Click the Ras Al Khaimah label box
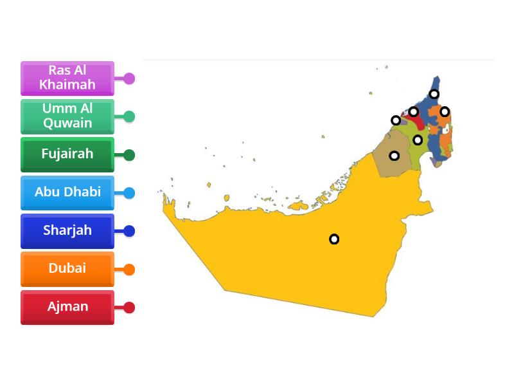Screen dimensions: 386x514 [x=67, y=78]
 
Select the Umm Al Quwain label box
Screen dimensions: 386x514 [x=67, y=116]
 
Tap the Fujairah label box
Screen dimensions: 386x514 [x=67, y=154]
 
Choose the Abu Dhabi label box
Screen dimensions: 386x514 [x=67, y=192]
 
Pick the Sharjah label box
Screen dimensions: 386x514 [x=67, y=230]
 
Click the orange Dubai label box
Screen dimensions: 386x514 [x=67, y=268]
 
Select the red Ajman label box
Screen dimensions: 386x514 [x=67, y=307]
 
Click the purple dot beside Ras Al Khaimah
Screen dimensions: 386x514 [x=129, y=78]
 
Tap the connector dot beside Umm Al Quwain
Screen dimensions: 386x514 [x=129, y=116]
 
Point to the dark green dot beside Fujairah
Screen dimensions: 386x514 [x=129, y=155]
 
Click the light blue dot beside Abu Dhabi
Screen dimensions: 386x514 [x=129, y=193]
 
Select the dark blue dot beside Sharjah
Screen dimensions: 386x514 [x=129, y=231]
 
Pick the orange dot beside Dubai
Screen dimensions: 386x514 [x=129, y=270]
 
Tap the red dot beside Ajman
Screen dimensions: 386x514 [x=129, y=308]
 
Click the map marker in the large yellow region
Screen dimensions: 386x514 [x=334, y=239]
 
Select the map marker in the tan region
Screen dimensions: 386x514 [x=394, y=156]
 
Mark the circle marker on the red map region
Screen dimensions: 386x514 [x=414, y=112]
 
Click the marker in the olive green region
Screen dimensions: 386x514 [x=418, y=140]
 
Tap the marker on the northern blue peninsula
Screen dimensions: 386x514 [x=434, y=95]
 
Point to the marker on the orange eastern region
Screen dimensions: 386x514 [x=445, y=112]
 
